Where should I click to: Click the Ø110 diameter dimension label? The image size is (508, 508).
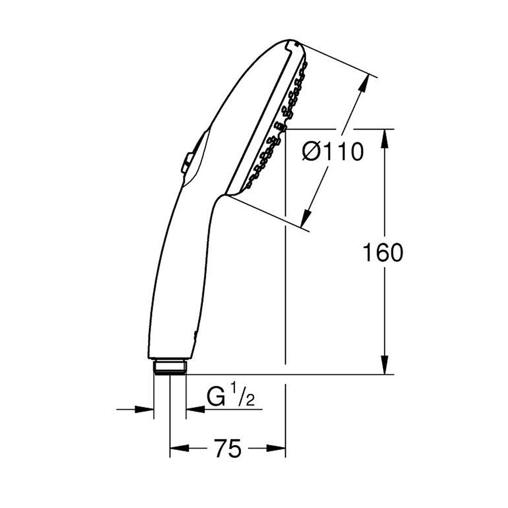tap(333, 151)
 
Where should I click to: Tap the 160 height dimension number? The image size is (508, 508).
tap(383, 252)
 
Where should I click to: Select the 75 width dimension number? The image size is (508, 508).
tap(228, 449)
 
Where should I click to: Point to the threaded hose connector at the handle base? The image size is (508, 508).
tap(170, 366)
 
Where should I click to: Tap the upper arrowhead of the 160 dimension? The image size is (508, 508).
tap(385, 138)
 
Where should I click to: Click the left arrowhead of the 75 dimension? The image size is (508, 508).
tap(179, 449)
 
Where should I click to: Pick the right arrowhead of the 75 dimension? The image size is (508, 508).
tap(276, 449)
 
